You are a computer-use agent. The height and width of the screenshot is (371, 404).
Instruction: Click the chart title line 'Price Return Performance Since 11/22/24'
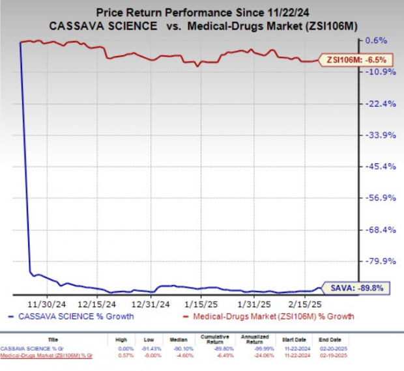point(202,12)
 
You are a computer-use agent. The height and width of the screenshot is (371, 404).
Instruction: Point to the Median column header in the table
point(180,339)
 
